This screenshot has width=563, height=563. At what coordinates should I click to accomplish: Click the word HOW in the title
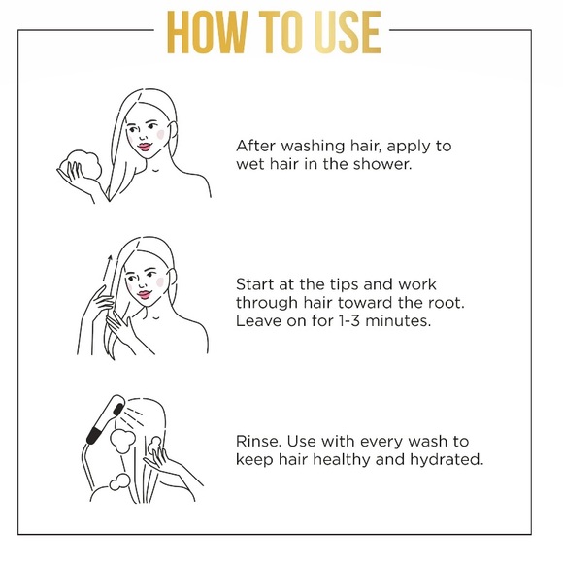(x=208, y=32)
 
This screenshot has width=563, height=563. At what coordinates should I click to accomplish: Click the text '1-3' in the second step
(x=348, y=320)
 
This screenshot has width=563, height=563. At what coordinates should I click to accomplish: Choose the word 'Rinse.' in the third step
(x=258, y=441)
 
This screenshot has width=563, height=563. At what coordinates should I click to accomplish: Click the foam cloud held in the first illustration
(x=82, y=164)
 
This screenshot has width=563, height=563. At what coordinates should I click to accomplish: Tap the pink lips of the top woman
(x=145, y=147)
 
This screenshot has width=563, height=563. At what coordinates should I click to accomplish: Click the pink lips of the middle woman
(x=144, y=295)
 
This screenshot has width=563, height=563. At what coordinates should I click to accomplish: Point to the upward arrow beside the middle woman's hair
(x=106, y=268)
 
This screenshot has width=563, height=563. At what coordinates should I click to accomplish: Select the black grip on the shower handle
(x=94, y=436)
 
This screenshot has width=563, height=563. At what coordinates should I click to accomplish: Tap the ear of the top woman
(x=173, y=131)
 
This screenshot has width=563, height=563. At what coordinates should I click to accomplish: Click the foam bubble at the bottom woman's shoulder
(x=119, y=481)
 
